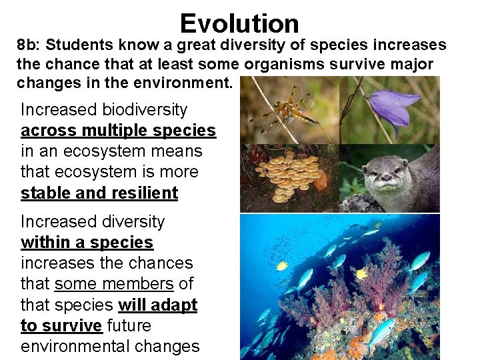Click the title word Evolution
239,23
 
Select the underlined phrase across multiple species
118,130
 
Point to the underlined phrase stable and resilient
99,193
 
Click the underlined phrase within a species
87,242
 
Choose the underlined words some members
114,284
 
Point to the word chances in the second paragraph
163,263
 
